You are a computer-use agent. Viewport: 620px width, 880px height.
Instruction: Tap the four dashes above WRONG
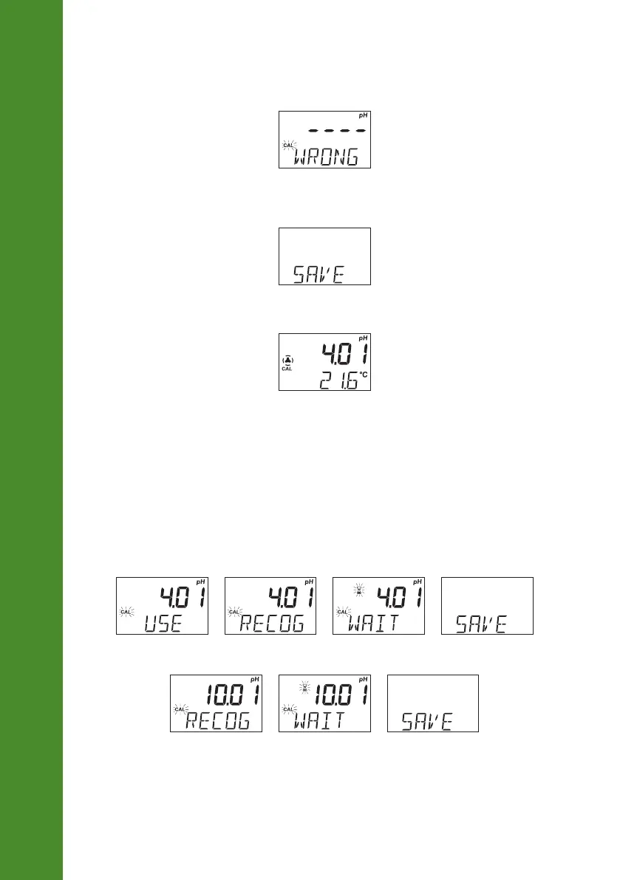click(337, 130)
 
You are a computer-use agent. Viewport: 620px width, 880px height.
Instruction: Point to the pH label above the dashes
click(362, 116)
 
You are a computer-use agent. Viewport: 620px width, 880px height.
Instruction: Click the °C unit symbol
click(363, 375)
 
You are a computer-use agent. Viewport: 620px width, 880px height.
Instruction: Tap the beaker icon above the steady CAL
click(287, 361)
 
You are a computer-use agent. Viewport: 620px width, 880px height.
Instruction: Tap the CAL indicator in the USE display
click(125, 612)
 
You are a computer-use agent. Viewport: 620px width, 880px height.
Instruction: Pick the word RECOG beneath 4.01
click(271, 624)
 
